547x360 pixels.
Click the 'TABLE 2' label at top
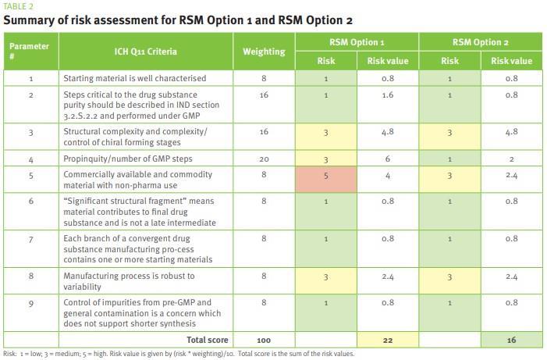click(x=19, y=6)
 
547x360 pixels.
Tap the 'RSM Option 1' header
click(x=357, y=42)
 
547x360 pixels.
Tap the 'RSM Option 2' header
click(x=480, y=42)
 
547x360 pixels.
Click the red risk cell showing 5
click(x=325, y=176)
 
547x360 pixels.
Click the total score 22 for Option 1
click(x=387, y=340)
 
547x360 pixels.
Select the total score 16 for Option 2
click(x=511, y=340)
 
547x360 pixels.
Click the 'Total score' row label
click(x=207, y=340)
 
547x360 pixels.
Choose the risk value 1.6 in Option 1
click(x=387, y=94)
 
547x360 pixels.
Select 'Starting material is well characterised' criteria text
click(x=134, y=78)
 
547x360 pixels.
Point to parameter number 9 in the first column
click(x=30, y=304)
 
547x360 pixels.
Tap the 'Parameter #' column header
click(x=30, y=52)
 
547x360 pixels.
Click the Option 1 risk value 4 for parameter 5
click(x=387, y=176)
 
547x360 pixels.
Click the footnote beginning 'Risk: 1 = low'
click(x=179, y=354)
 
